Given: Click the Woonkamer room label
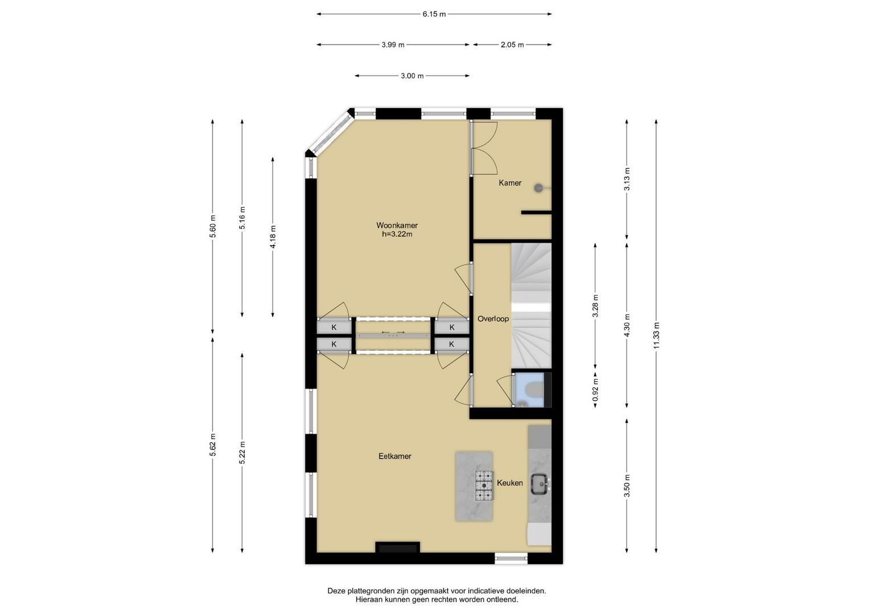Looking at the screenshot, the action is click(397, 225).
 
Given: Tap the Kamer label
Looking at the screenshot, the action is click(510, 183).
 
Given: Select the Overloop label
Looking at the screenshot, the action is click(493, 319).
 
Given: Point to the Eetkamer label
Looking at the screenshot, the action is click(395, 456).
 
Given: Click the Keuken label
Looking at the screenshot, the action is click(510, 483).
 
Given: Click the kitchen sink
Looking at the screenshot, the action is click(540, 484).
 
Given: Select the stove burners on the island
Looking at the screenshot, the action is click(484, 485).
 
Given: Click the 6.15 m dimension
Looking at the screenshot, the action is click(434, 14).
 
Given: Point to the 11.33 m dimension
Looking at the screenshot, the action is click(656, 336).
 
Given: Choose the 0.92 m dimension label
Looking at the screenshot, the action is click(595, 390).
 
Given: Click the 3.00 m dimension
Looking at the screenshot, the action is click(412, 76).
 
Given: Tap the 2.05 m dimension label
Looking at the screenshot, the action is click(512, 44).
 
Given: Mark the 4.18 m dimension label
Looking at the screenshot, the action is click(273, 237).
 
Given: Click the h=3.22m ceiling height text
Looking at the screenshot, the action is click(397, 234).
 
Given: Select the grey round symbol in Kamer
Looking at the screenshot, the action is click(538, 188).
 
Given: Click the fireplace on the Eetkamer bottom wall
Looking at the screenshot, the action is click(398, 548).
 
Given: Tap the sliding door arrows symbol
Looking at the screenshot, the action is click(393, 333).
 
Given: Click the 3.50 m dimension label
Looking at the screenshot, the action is click(627, 486).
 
